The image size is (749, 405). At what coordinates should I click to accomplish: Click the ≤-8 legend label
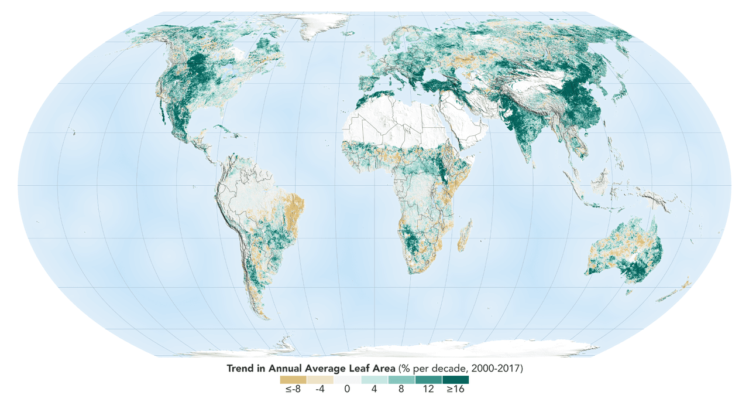[288, 389]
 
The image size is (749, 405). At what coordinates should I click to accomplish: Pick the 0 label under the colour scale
[347, 389]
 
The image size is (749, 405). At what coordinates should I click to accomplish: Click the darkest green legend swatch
[455, 379]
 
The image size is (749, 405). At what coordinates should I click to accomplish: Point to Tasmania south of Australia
[630, 291]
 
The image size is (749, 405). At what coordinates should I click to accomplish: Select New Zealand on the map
[679, 290]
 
